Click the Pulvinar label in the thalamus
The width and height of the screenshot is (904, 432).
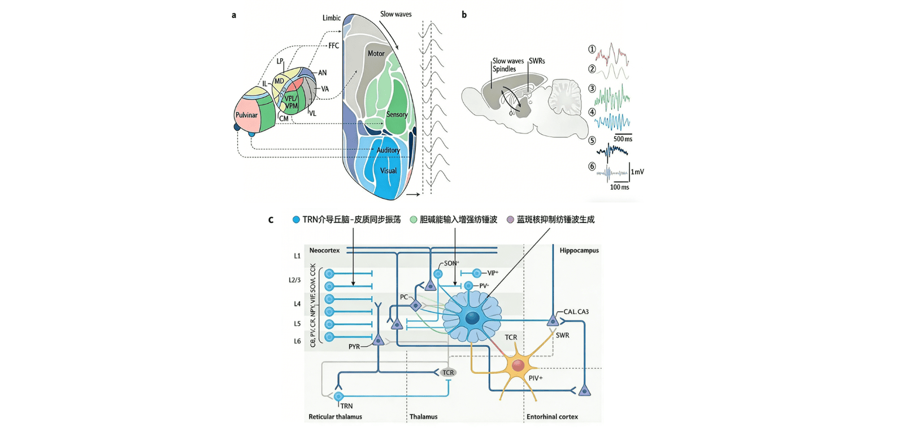pyautogui.click(x=246, y=115)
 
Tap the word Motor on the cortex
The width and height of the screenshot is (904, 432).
pyautogui.click(x=376, y=54)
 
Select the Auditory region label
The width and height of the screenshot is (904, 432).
pyautogui.click(x=388, y=150)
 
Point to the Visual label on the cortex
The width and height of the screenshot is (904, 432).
pyautogui.click(x=388, y=171)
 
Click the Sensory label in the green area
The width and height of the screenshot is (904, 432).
pyautogui.click(x=397, y=115)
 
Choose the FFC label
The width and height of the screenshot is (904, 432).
pyautogui.click(x=334, y=46)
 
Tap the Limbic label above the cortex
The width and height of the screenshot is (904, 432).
pyautogui.click(x=332, y=18)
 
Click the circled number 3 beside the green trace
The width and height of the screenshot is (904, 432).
pyautogui.click(x=592, y=89)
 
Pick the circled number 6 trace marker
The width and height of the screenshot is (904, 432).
pyautogui.click(x=592, y=167)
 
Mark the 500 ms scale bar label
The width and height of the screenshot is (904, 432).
pyautogui.click(x=623, y=139)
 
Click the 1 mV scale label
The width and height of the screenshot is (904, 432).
pyautogui.click(x=637, y=172)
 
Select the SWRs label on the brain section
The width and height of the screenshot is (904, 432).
pyautogui.click(x=537, y=61)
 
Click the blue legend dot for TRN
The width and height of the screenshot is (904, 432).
pyautogui.click(x=296, y=220)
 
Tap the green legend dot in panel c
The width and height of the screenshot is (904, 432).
pyautogui.click(x=414, y=220)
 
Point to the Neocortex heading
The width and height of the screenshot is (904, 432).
pyautogui.click(x=324, y=250)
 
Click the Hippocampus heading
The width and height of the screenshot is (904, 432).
pyautogui.click(x=579, y=250)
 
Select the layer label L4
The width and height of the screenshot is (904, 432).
pyautogui.click(x=297, y=304)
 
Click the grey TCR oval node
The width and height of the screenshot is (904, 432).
pyautogui.click(x=448, y=373)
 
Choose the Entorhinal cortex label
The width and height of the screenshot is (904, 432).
pyautogui.click(x=552, y=417)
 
